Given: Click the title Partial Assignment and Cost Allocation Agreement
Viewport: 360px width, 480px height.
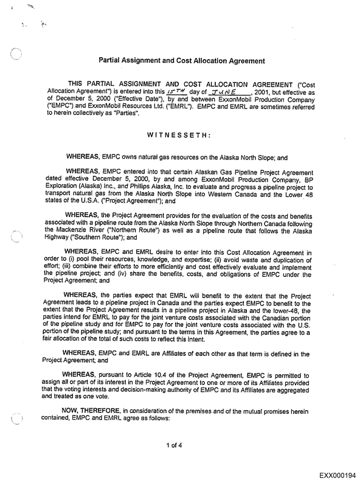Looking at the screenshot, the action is (x=182, y=61).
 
